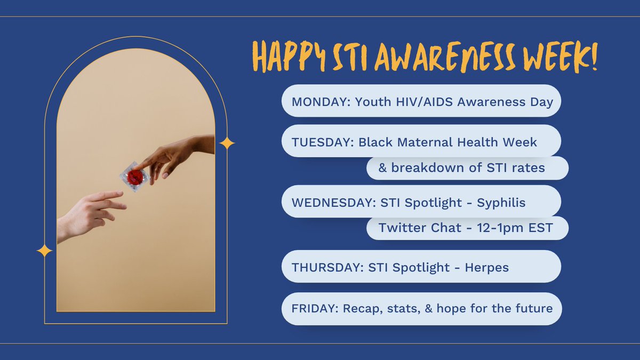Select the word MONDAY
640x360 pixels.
click(x=317, y=101)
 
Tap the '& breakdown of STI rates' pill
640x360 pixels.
click(x=467, y=168)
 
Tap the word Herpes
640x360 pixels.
click(x=486, y=267)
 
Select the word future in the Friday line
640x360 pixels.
click(x=534, y=308)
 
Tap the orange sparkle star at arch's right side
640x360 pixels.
click(x=227, y=143)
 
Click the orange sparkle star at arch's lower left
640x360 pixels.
click(x=44, y=251)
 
